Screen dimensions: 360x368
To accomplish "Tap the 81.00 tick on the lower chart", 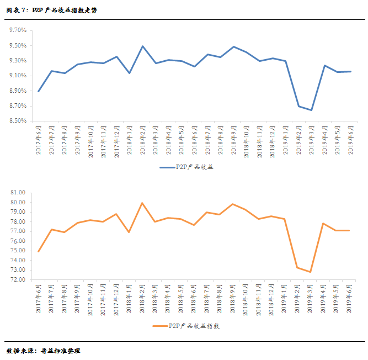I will (x=18, y=193).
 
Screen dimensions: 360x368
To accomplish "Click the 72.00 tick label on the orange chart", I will (x=18, y=280).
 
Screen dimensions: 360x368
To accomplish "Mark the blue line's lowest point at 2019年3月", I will (x=311, y=110).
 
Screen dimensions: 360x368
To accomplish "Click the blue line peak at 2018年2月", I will (x=142, y=46).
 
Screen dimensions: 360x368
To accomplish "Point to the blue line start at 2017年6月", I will (x=39, y=91).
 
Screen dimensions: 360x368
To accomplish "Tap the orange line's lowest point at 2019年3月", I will (x=311, y=272).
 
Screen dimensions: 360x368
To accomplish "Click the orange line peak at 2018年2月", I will (x=142, y=203).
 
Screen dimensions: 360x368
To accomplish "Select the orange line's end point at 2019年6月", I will (x=349, y=230).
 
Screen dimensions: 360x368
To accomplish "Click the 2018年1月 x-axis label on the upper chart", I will (x=130, y=141).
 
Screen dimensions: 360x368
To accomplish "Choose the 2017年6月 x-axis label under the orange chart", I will (x=39, y=300).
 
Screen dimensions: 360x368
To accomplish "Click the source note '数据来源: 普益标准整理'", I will (x=43, y=351).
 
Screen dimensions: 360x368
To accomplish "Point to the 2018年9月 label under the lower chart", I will (x=233, y=300).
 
